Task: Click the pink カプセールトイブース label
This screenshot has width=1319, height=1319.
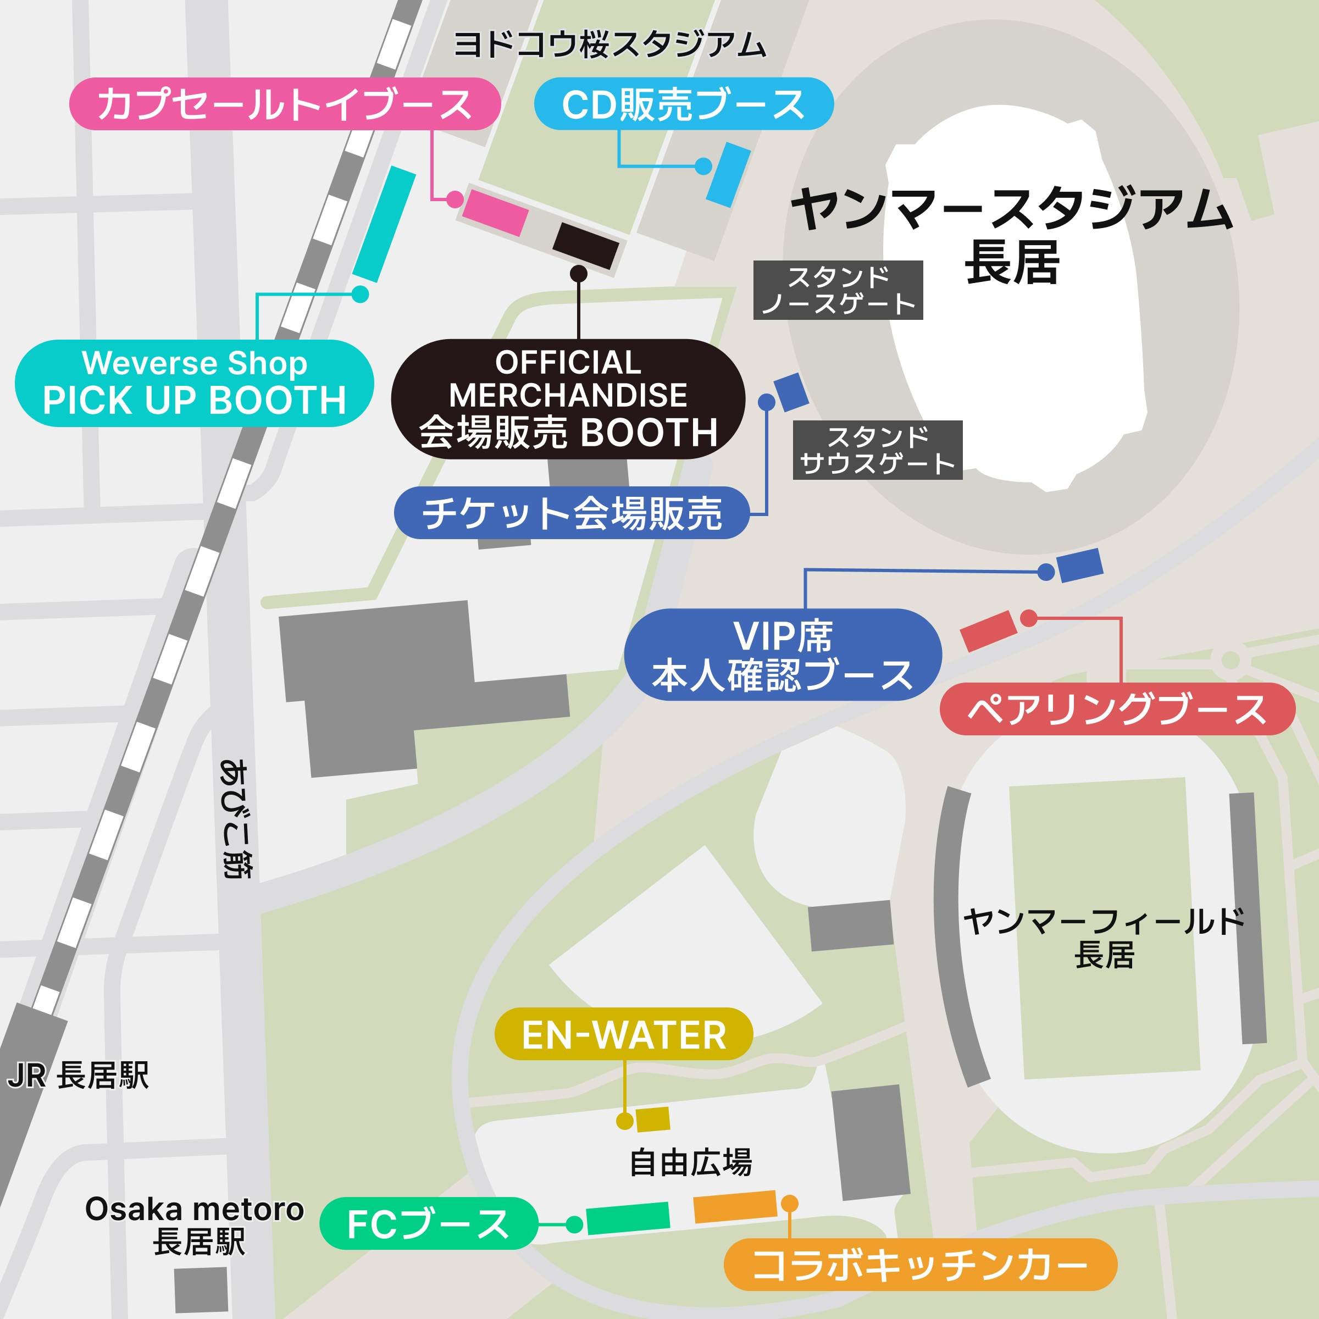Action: pyautogui.click(x=285, y=104)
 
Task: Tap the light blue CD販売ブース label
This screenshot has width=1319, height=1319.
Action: pyautogui.click(x=683, y=104)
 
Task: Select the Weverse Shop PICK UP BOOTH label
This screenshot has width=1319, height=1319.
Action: pyautogui.click(x=194, y=383)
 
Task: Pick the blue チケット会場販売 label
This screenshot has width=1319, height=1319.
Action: pyautogui.click(x=572, y=513)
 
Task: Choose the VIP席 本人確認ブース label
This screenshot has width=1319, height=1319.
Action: pyautogui.click(x=783, y=654)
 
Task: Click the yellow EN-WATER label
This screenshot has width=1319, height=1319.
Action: pyautogui.click(x=623, y=1034)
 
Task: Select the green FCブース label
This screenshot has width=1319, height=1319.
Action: pyautogui.click(x=428, y=1223)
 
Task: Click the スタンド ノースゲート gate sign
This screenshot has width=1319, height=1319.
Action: pyautogui.click(x=838, y=290)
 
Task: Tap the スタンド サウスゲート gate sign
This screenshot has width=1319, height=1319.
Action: pyautogui.click(x=877, y=450)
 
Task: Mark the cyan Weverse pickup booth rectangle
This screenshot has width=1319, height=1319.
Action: pyautogui.click(x=384, y=223)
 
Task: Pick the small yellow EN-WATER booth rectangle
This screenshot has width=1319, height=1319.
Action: pyautogui.click(x=653, y=1120)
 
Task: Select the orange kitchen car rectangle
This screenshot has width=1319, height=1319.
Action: pyautogui.click(x=735, y=1207)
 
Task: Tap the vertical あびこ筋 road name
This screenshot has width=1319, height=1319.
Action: pyautogui.click(x=234, y=817)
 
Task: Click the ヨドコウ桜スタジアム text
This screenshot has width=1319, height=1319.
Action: pyautogui.click(x=609, y=45)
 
